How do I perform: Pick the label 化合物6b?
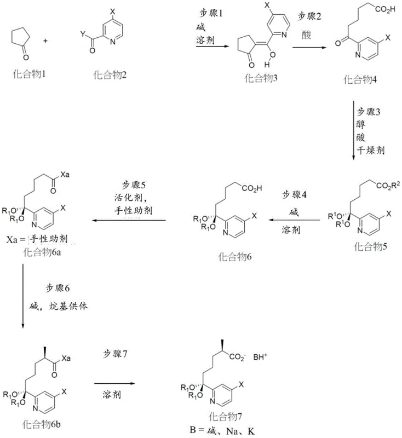[x=39, y=423]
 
